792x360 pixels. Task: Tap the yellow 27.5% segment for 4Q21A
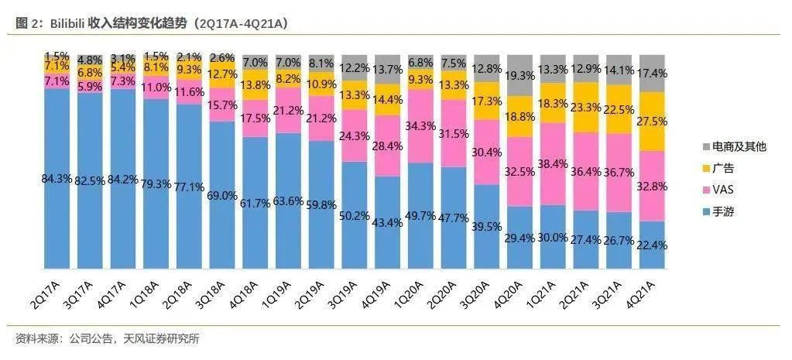[651, 122]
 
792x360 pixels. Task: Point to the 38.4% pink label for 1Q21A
[552, 164]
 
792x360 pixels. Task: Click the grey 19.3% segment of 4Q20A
[519, 76]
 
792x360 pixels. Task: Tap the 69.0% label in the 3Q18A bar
[221, 195]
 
